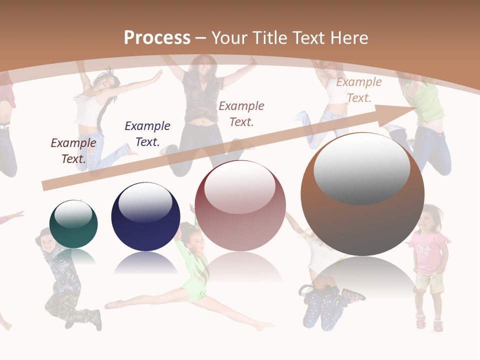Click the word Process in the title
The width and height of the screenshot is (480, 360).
click(157, 38)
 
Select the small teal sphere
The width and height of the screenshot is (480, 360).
click(73, 224)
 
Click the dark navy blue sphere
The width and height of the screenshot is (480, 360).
click(145, 217)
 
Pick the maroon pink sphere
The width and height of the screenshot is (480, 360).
click(240, 206)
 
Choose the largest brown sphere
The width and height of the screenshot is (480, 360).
click(362, 195)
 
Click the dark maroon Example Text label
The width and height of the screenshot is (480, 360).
click(73, 151)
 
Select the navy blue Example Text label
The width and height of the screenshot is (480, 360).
click(147, 134)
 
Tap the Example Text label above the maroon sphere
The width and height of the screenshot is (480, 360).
click(241, 113)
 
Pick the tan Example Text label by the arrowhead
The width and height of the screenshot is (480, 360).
click(358, 90)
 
